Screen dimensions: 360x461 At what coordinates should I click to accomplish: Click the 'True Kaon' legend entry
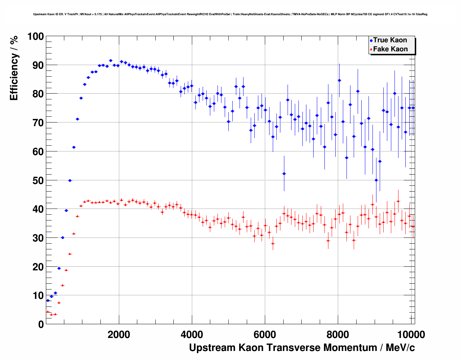(390, 40)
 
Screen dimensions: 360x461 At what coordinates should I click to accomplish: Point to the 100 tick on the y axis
(36, 37)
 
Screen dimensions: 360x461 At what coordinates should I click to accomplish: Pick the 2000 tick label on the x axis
(119, 335)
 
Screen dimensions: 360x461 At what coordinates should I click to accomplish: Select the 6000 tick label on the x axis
(265, 335)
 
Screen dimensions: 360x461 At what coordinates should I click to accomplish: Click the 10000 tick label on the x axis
(410, 335)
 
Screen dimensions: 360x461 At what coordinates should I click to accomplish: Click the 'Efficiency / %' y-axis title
(14, 68)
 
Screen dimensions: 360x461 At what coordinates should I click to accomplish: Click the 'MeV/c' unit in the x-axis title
(400, 348)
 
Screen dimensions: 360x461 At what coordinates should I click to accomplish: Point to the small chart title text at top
(230, 14)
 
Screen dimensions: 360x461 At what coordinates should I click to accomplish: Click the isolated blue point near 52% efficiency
(284, 173)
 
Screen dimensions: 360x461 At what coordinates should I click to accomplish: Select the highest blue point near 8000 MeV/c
(339, 80)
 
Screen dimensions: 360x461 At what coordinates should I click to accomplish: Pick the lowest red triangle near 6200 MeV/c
(273, 243)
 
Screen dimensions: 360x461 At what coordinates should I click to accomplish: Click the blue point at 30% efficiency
(63, 237)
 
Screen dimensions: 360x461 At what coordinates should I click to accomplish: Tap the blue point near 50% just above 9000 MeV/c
(376, 180)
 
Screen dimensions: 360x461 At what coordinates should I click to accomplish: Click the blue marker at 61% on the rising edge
(74, 147)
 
